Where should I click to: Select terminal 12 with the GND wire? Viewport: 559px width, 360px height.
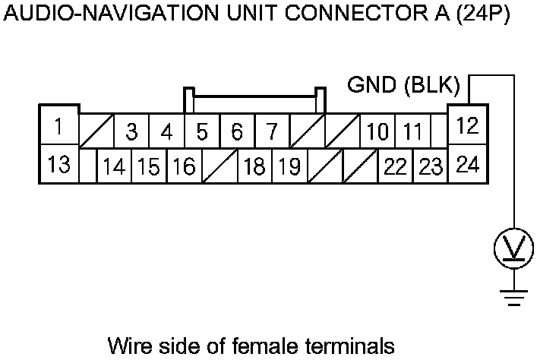(468, 126)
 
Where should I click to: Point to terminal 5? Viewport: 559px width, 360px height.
(202, 133)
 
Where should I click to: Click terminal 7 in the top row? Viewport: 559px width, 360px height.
(272, 133)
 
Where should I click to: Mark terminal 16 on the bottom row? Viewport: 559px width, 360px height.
(183, 167)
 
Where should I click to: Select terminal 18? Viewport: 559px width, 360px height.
(254, 167)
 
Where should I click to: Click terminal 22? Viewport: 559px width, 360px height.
(395, 167)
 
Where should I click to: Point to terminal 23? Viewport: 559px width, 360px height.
(431, 167)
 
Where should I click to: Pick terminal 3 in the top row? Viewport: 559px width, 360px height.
(131, 133)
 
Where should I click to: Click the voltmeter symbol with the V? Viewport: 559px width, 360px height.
(514, 248)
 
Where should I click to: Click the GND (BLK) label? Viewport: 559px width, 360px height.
(403, 84)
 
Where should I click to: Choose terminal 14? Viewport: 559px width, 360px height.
(114, 167)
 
